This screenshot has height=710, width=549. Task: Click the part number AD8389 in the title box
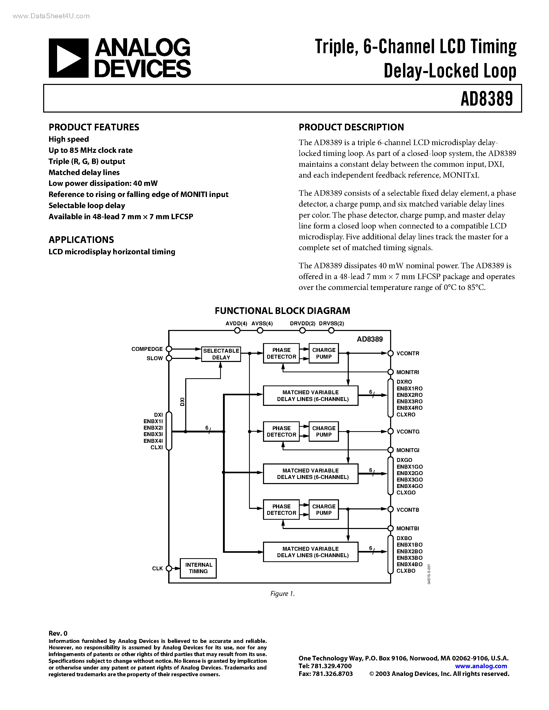coord(486,99)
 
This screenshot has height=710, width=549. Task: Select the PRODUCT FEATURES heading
coord(94,127)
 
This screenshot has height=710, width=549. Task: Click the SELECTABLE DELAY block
coord(221,354)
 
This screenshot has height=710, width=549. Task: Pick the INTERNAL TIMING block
coord(198,568)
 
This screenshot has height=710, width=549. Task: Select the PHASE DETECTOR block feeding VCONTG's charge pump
coord(281,431)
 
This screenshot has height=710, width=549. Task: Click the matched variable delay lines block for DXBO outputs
coord(311,552)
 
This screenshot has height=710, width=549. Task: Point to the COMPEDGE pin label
coord(147,349)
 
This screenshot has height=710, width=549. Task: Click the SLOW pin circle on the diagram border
coord(169,358)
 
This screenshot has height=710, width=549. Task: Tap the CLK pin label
coord(157,568)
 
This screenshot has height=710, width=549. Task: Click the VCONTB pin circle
coord(391,509)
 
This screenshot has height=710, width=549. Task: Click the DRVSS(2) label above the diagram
coord(331,324)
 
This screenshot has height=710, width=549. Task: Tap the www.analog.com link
coord(481,666)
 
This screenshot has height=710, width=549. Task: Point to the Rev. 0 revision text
coord(58,633)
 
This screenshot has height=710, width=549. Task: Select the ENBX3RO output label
coord(409,401)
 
